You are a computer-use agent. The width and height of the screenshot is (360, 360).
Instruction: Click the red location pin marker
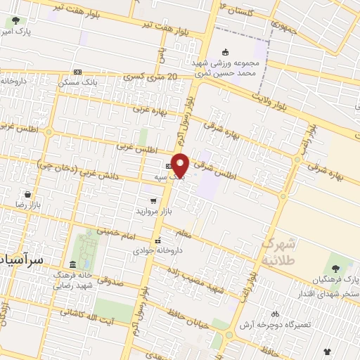181,165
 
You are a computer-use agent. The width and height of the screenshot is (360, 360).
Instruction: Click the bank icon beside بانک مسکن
77,72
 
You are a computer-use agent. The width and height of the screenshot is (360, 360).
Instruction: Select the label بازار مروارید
153,211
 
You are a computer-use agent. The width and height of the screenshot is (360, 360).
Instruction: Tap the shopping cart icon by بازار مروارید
153,201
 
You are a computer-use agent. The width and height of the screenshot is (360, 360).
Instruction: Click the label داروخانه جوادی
162,250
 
